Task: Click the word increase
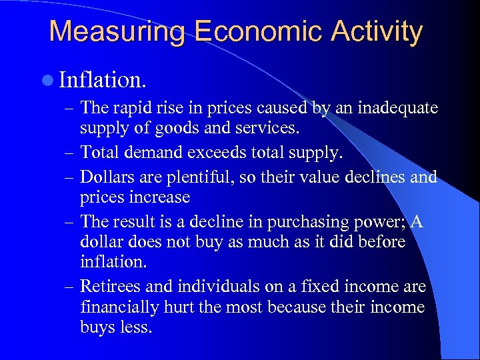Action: tap(159, 197)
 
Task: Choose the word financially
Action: tap(123, 307)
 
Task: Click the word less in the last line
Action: tap(136, 327)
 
